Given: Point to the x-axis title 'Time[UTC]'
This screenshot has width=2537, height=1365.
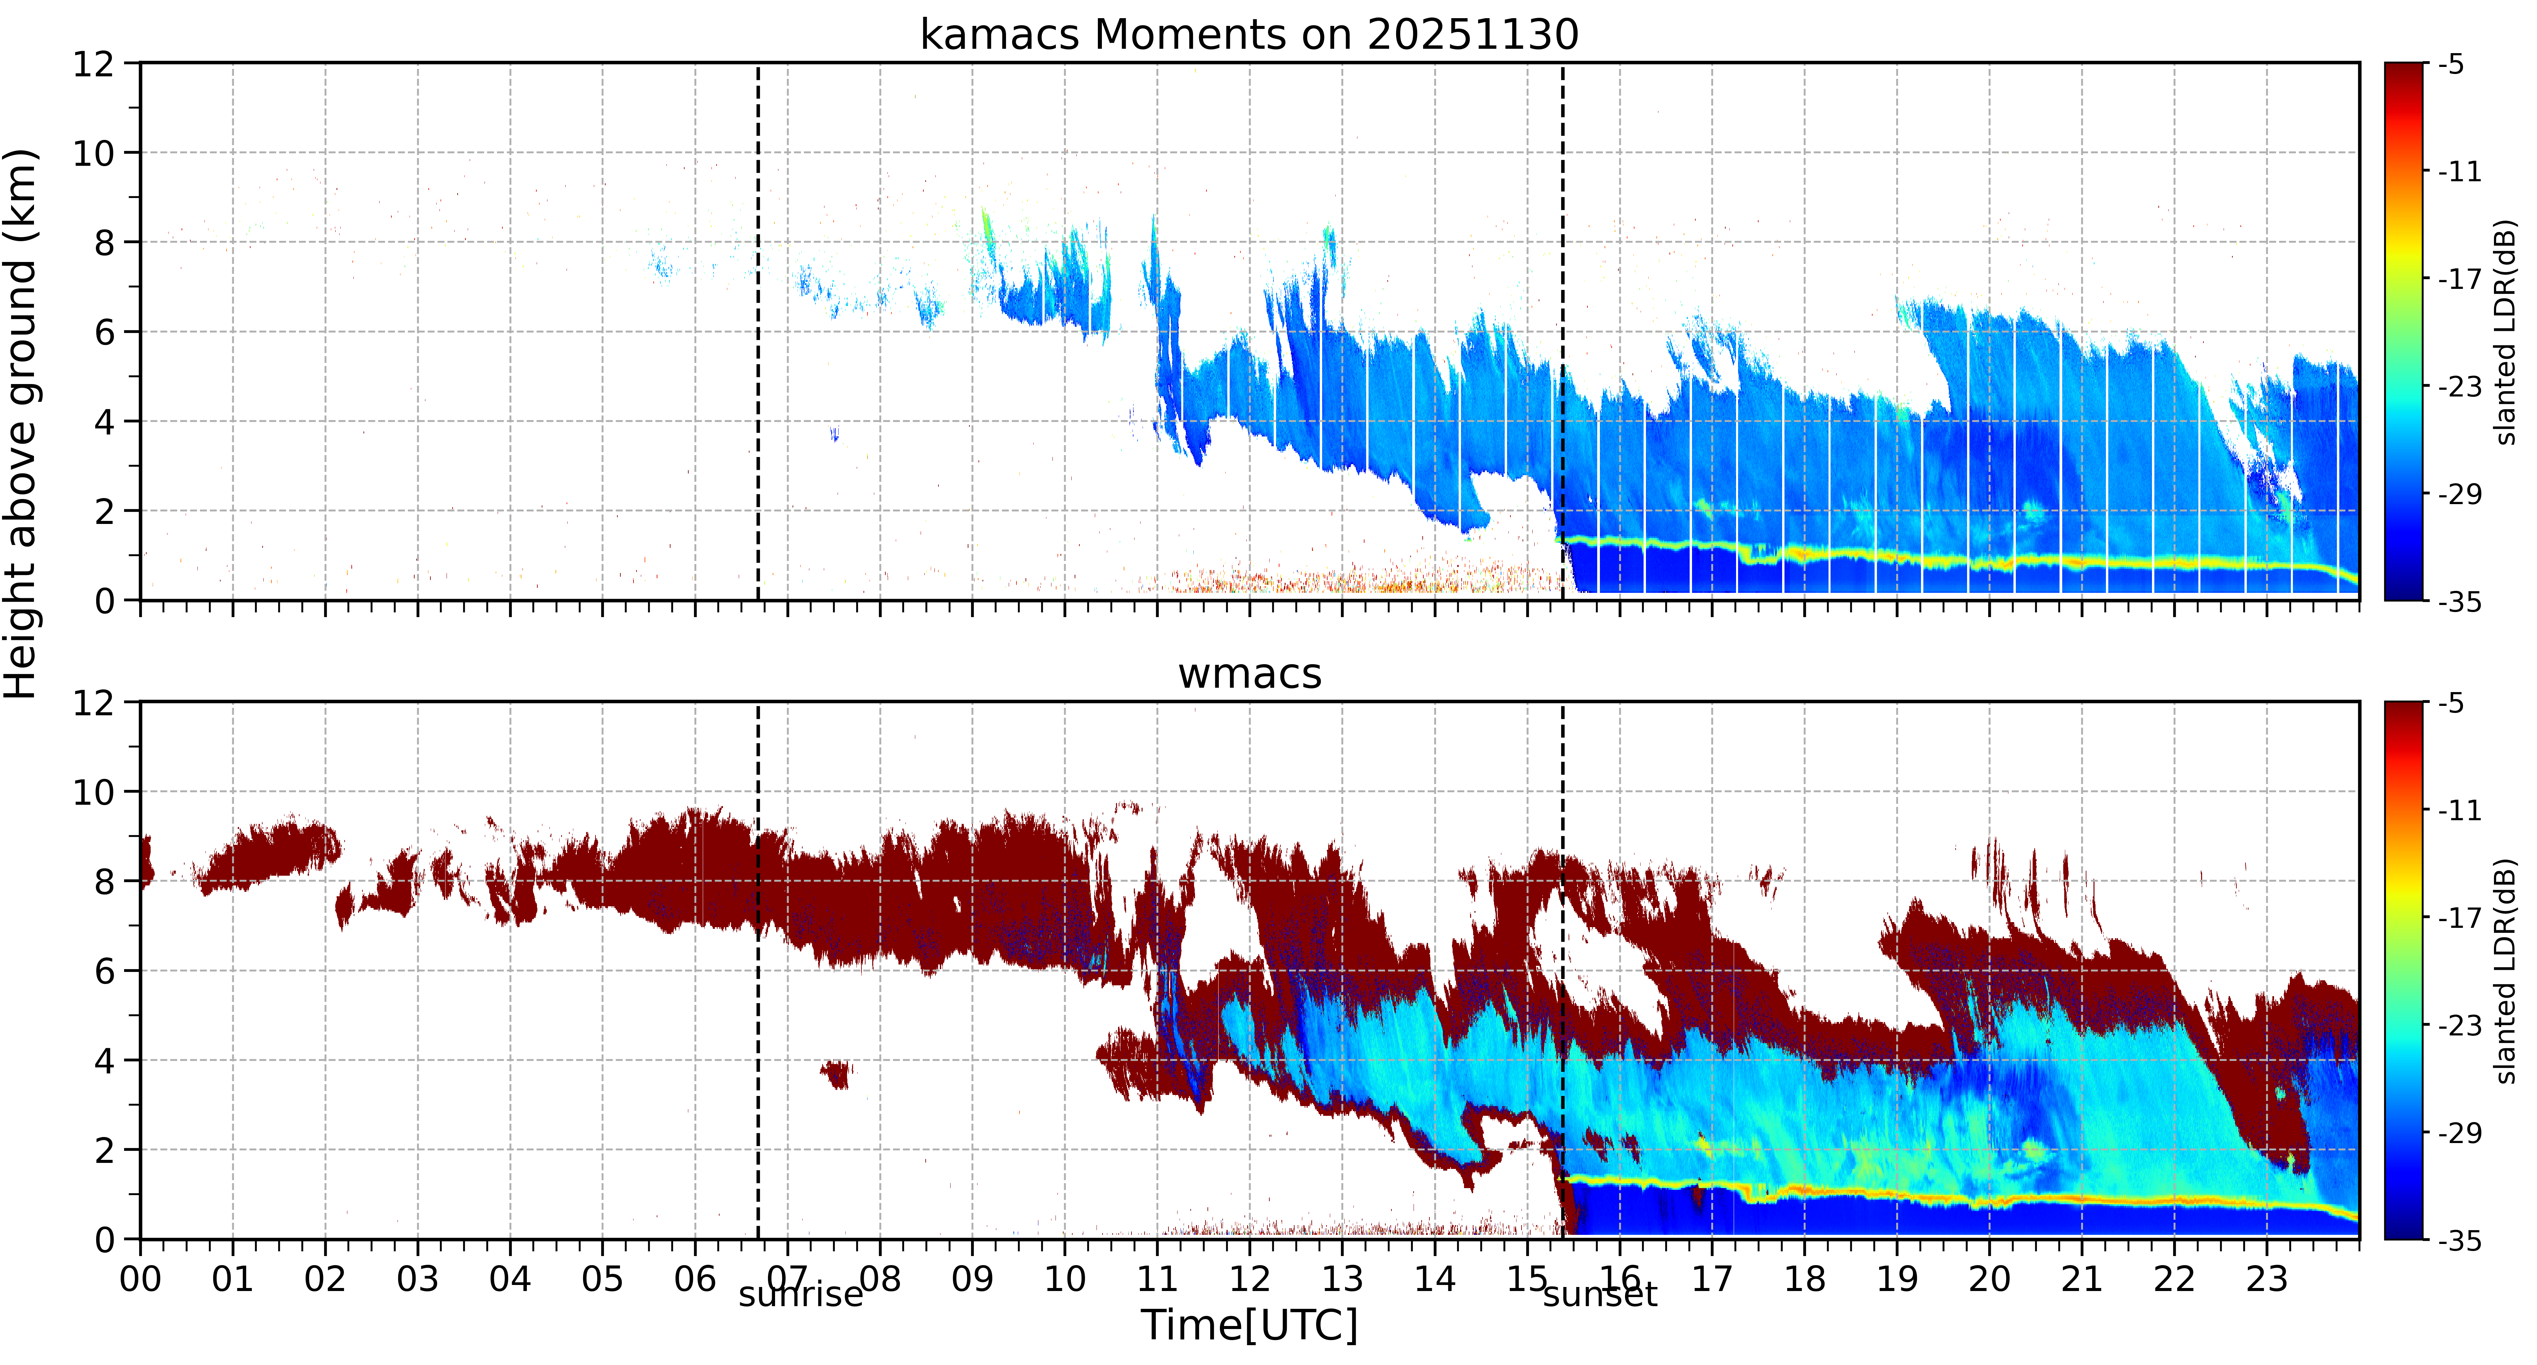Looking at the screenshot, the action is [1249, 1325].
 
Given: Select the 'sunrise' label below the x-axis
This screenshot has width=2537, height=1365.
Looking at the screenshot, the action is [801, 1294].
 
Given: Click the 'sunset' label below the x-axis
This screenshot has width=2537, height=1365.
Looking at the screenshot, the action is [1601, 1294].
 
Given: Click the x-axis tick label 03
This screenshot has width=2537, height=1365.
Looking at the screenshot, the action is [418, 1279].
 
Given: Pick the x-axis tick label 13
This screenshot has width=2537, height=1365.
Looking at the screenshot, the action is [1341, 1279].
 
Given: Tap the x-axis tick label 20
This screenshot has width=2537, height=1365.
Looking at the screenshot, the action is [1989, 1279].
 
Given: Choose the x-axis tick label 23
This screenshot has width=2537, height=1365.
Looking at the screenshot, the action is [2266, 1279].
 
